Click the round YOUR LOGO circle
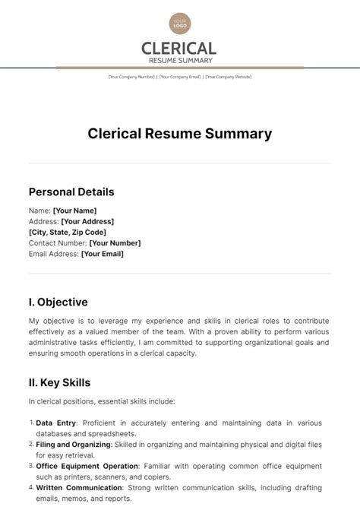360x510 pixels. [179, 23]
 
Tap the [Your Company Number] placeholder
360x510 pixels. [131, 77]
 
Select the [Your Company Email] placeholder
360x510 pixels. [180, 77]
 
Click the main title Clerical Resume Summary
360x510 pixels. [180, 134]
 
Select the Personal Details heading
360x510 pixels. [71, 192]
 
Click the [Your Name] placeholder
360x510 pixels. [74, 211]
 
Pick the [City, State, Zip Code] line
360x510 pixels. [68, 232]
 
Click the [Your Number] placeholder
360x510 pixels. [115, 243]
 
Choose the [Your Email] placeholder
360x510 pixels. [102, 254]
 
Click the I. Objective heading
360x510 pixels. [58, 302]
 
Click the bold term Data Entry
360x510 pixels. [55, 423]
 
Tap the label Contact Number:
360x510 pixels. [58, 243]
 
